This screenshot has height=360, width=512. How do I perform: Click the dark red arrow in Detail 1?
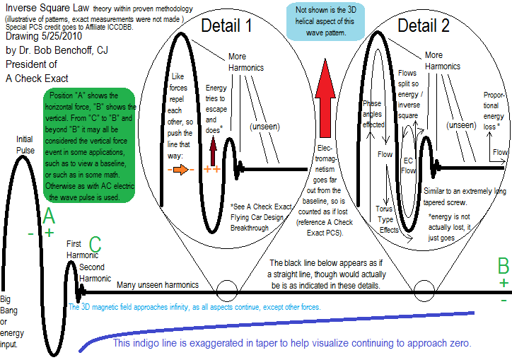pos(211,146)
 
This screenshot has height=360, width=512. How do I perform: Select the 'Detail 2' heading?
pos(423,27)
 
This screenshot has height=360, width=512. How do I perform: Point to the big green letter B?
pos(503,266)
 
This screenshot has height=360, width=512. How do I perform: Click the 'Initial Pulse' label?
pos(25,144)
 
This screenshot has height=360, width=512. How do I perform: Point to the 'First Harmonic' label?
pos(78,249)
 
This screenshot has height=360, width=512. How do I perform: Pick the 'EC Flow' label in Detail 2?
pos(408,165)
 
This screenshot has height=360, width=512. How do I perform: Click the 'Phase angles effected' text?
pos(372,113)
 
